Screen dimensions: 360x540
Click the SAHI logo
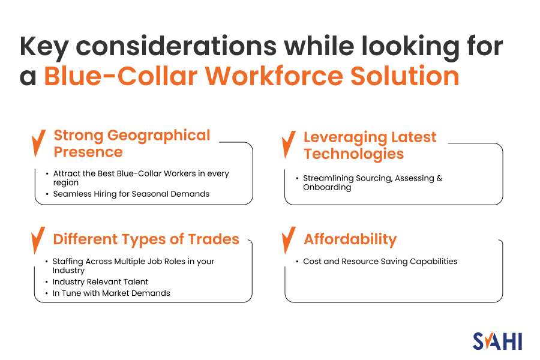[497, 341]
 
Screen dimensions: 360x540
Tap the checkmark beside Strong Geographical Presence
[39, 143]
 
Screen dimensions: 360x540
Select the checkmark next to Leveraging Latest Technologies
[289, 145]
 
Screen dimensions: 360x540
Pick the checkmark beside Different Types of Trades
[39, 240]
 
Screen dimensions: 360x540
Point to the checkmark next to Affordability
[289, 240]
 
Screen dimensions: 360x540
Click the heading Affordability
[350, 239]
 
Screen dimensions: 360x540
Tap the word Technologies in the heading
[353, 154]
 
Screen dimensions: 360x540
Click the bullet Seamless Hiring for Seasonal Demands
[131, 194]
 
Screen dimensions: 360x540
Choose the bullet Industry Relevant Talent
[100, 281]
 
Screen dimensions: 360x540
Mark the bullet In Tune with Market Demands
[111, 293]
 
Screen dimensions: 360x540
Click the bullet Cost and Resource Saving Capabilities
[380, 261]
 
